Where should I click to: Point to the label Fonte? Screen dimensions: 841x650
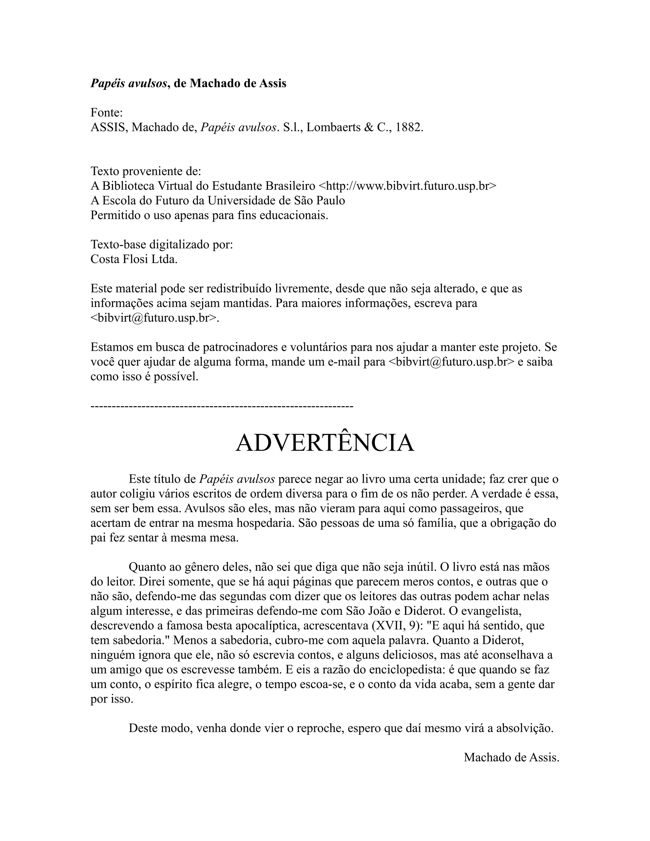coord(107,113)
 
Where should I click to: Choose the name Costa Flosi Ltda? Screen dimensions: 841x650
coord(134,259)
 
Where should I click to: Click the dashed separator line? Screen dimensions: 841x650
coord(222,406)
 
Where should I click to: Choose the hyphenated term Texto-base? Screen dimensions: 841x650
coord(118,244)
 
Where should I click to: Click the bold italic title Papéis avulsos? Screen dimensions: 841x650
coord(129,83)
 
